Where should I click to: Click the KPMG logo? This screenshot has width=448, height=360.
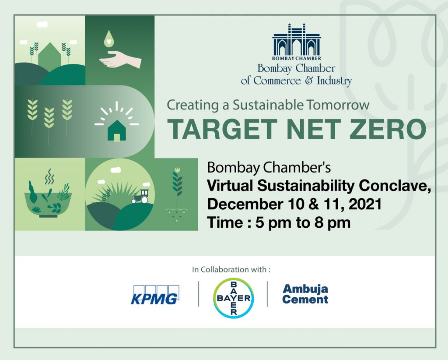155,294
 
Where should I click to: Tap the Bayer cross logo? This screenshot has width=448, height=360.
234,298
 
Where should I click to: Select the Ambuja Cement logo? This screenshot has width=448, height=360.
305,294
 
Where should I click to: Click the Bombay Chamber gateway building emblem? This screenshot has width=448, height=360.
297,42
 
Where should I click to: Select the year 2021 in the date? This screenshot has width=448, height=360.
365,204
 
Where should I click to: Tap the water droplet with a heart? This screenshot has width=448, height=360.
108,39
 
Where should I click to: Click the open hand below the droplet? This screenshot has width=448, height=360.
120,60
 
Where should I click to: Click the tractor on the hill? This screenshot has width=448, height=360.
140,197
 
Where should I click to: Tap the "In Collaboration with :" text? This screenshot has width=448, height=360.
231,269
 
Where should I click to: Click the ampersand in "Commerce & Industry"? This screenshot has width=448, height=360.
309,81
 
